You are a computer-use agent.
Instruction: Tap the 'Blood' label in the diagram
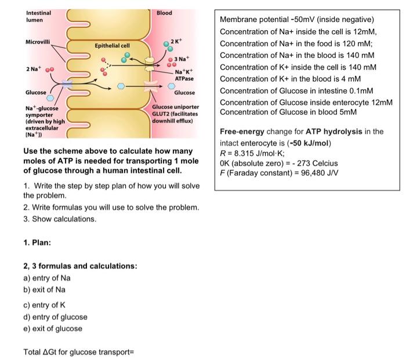click(165, 13)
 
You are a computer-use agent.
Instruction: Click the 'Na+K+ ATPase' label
click(184, 75)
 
